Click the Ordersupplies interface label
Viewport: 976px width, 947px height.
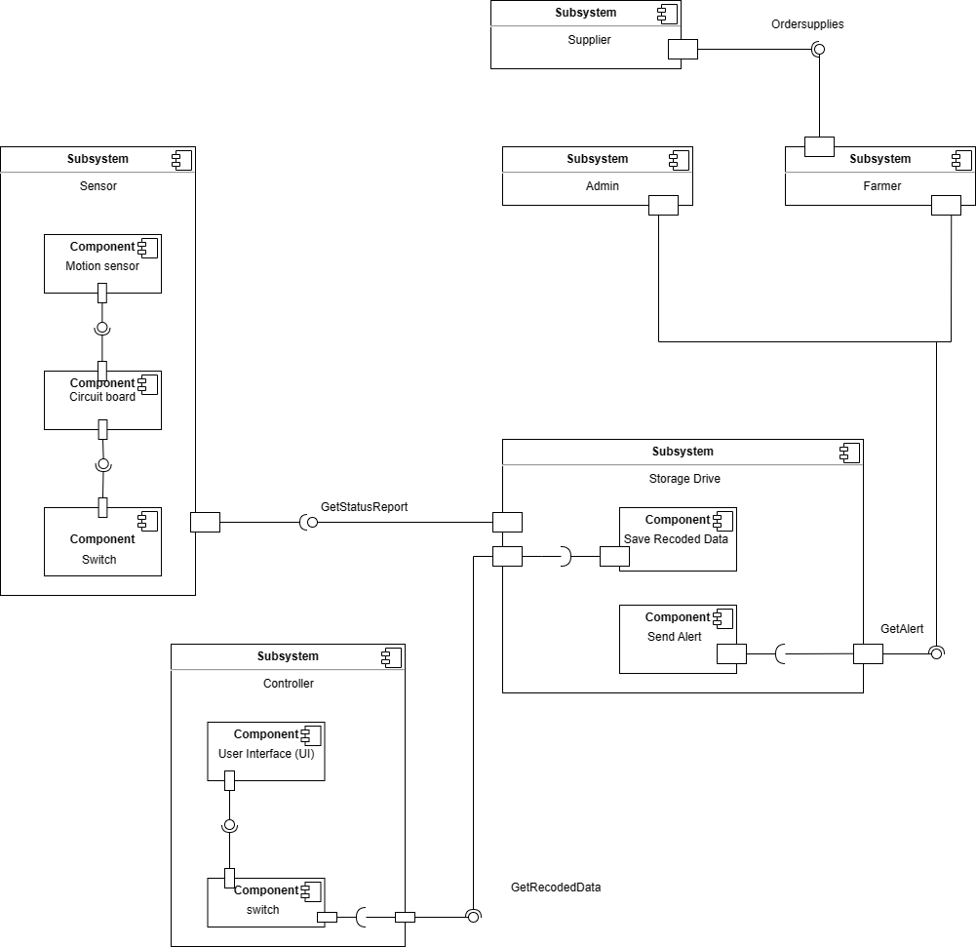point(807,24)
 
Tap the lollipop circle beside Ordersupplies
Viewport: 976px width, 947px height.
point(819,49)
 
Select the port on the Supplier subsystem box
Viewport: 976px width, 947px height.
point(683,49)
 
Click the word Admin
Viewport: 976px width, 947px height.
point(602,185)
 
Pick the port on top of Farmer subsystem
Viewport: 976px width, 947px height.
point(819,146)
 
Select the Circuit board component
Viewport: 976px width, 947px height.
point(102,400)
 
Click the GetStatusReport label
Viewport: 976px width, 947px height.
point(365,507)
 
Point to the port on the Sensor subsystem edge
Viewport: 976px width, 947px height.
point(205,522)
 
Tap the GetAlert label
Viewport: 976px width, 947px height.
point(902,629)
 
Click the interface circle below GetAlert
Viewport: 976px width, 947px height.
point(936,652)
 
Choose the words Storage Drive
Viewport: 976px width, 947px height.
point(684,478)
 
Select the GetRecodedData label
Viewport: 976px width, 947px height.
point(556,888)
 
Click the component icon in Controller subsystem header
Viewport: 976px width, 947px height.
point(391,656)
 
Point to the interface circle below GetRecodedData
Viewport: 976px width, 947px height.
point(473,916)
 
